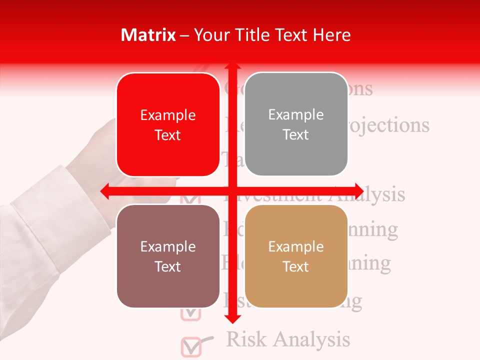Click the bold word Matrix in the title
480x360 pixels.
tap(148, 35)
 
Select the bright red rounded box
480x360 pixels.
tap(168, 125)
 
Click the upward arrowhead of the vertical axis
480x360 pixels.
tap(231, 66)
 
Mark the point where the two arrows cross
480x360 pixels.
tap(231, 191)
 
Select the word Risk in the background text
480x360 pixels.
tap(246, 339)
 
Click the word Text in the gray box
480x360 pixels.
tap(296, 135)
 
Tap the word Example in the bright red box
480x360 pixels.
tap(168, 115)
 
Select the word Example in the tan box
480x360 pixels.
tap(296, 246)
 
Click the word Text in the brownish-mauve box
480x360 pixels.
tap(168, 266)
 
